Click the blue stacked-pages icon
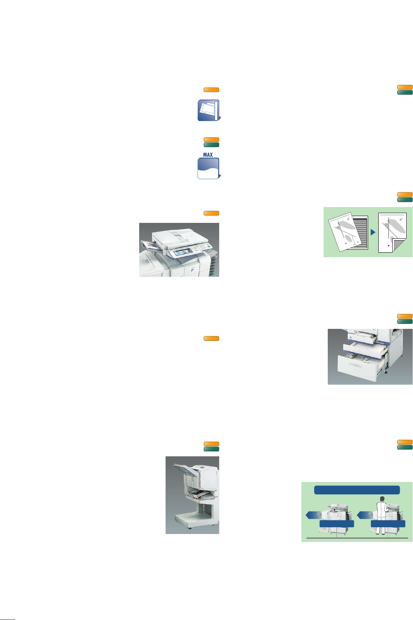(x=209, y=110)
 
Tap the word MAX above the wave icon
(x=208, y=155)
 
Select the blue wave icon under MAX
(x=209, y=168)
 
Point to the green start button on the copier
(x=209, y=247)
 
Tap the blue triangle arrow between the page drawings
(x=373, y=232)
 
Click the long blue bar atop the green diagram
(x=357, y=490)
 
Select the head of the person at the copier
(x=382, y=499)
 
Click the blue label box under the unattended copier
(x=336, y=524)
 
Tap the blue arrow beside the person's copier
(x=363, y=515)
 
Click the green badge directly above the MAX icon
(x=212, y=145)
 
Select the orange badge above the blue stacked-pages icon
(x=212, y=90)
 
